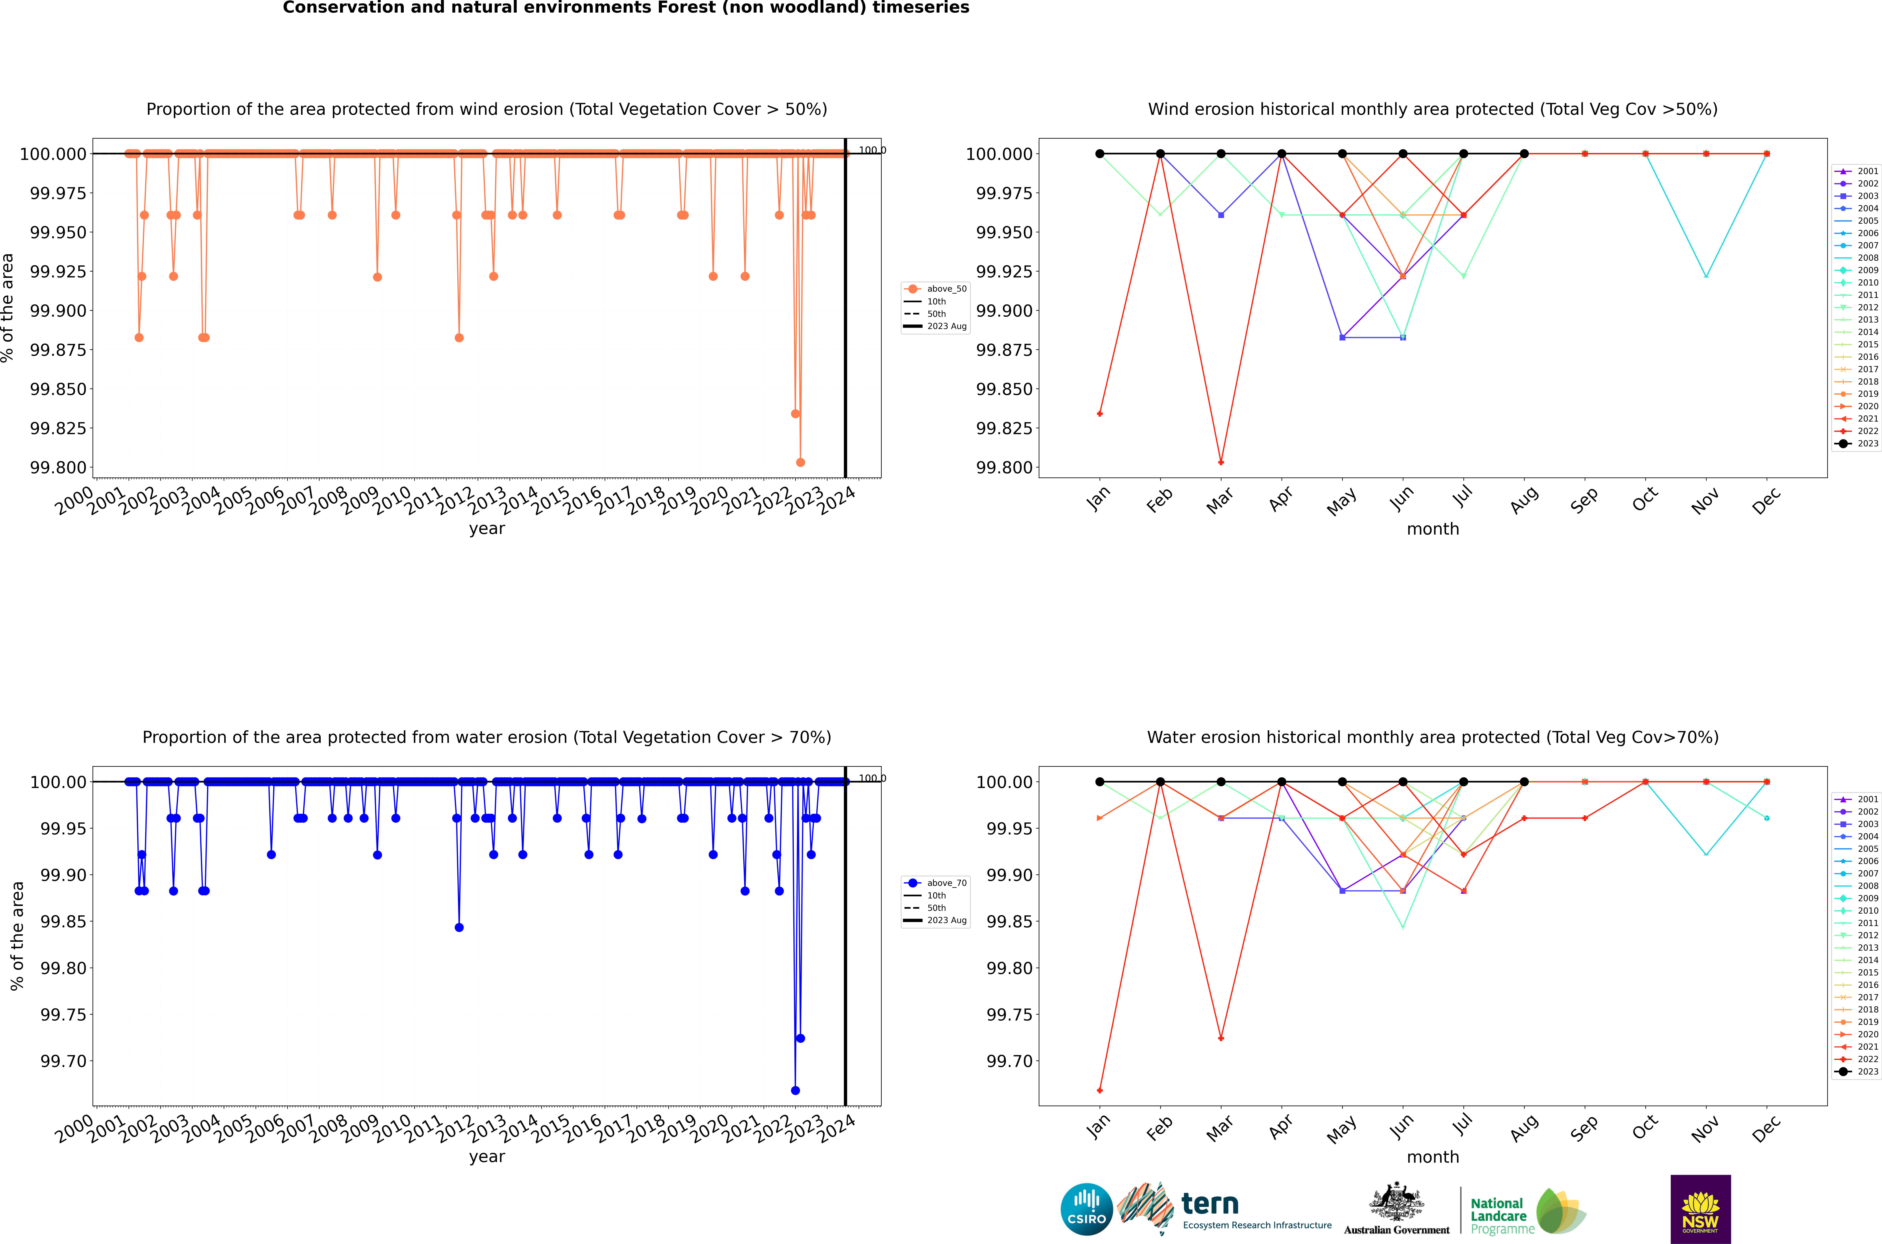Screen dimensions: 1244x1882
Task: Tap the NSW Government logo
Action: pyautogui.click(x=1700, y=1209)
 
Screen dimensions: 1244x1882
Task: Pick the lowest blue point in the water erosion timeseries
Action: pyautogui.click(x=795, y=1090)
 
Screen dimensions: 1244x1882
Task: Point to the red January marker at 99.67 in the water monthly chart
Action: pyautogui.click(x=1099, y=1090)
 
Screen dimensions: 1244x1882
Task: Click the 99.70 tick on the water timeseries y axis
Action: pyautogui.click(x=63, y=1061)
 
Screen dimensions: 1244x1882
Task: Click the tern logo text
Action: pyautogui.click(x=1209, y=1204)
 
